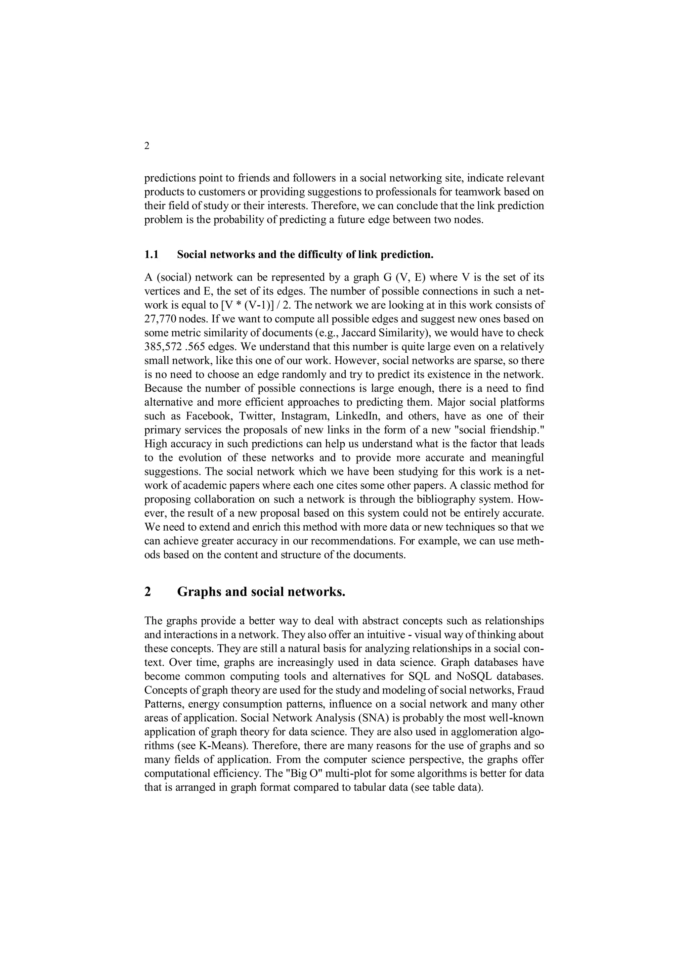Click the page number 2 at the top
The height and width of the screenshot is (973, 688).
(x=147, y=146)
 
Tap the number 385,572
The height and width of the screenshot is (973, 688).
(x=164, y=347)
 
